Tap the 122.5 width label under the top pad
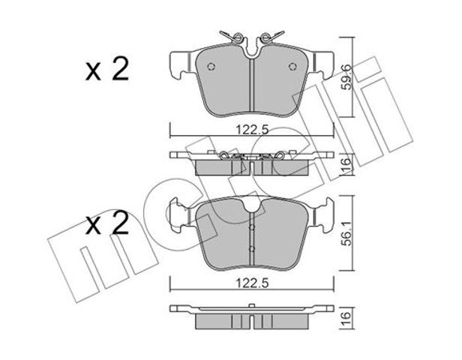click(x=252, y=130)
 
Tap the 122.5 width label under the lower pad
click(x=252, y=283)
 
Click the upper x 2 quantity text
click(x=107, y=69)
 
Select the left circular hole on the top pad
click(x=211, y=67)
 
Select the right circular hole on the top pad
click(x=292, y=67)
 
